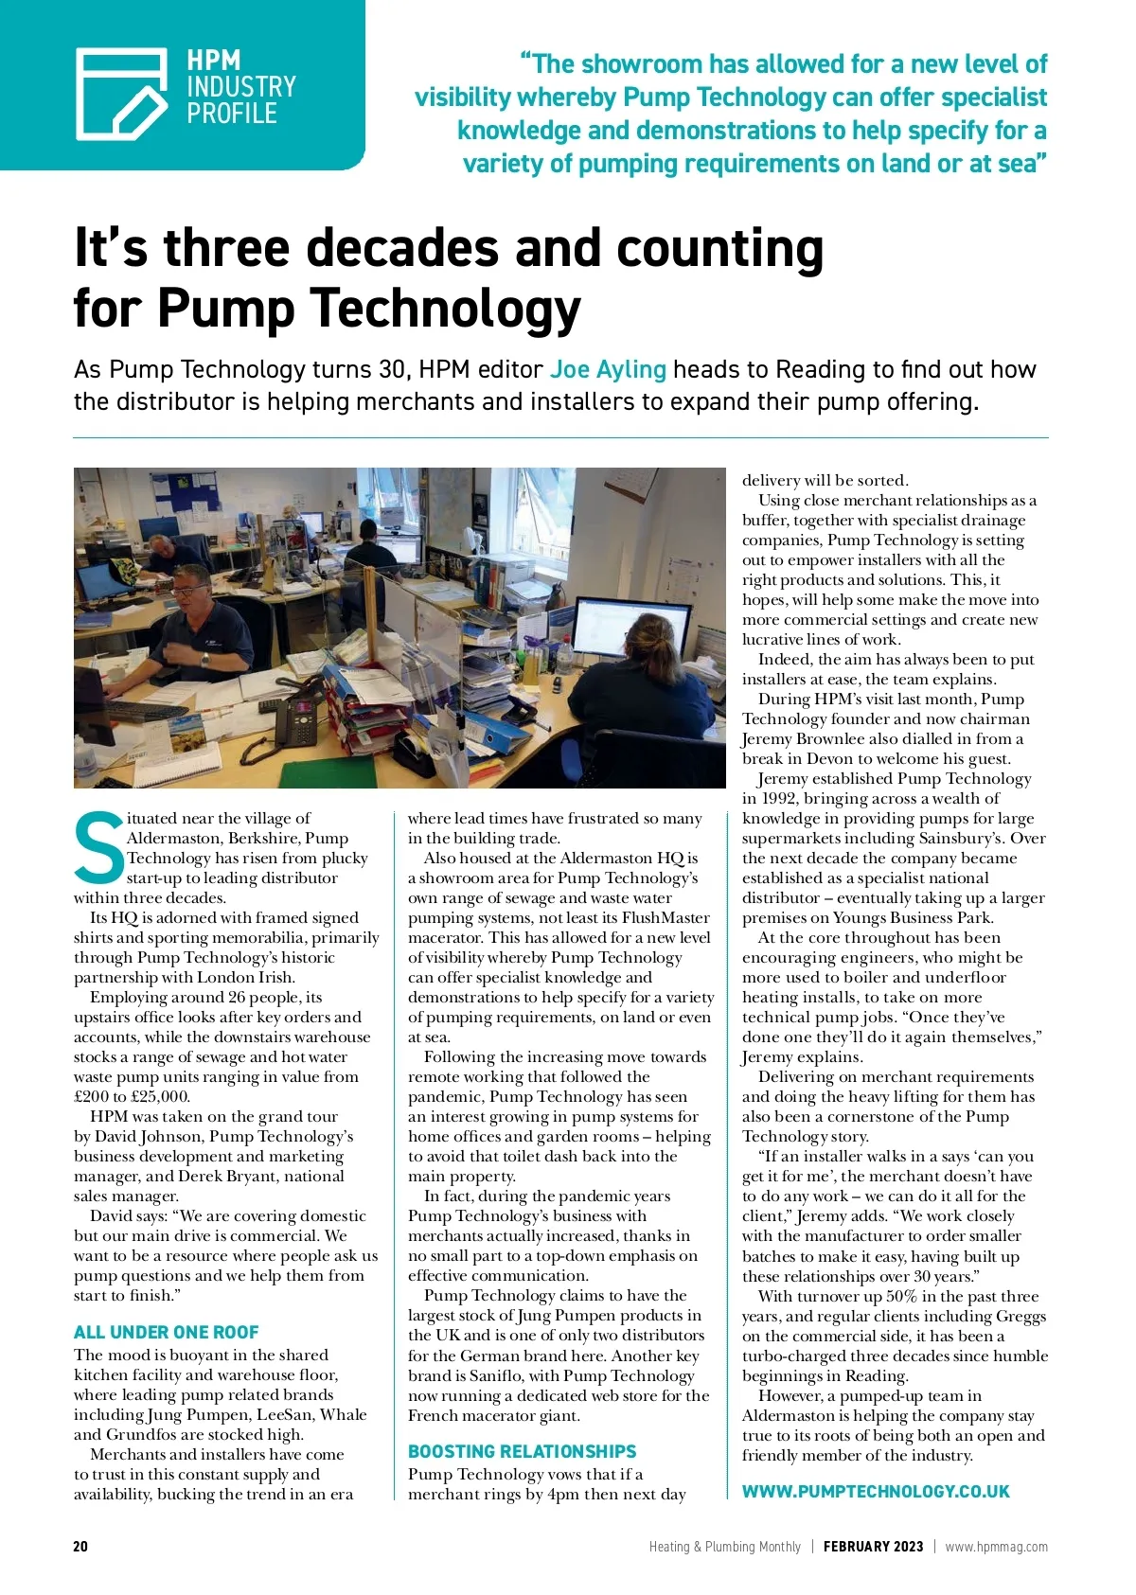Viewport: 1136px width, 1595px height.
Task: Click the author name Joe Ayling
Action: click(x=608, y=369)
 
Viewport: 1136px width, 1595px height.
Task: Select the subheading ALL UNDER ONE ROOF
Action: click(x=166, y=1332)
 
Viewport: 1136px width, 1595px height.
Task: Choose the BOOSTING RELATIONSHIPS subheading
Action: click(x=522, y=1451)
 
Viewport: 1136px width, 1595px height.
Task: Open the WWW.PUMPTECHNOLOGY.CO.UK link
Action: click(x=876, y=1491)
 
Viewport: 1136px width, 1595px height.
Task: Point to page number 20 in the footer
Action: click(x=80, y=1547)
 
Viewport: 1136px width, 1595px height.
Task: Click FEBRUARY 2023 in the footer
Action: click(x=873, y=1547)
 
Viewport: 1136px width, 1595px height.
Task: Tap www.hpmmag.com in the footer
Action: click(x=996, y=1547)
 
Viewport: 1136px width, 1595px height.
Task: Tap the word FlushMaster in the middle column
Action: click(x=666, y=917)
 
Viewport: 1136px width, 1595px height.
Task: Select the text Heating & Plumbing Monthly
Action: click(x=724, y=1547)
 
